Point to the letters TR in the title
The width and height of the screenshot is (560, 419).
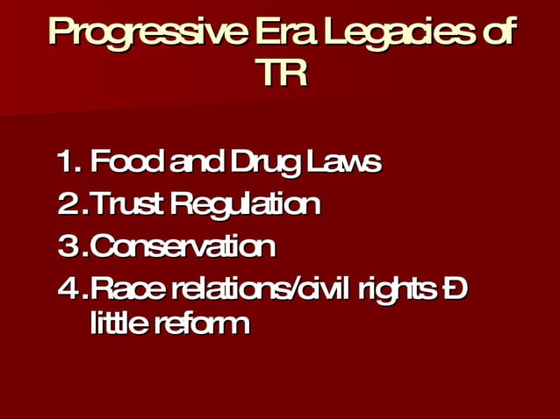tap(281, 73)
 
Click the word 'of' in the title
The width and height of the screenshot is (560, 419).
tap(495, 32)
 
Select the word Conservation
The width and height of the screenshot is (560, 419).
tap(183, 246)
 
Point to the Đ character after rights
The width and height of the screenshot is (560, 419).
tap(455, 287)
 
